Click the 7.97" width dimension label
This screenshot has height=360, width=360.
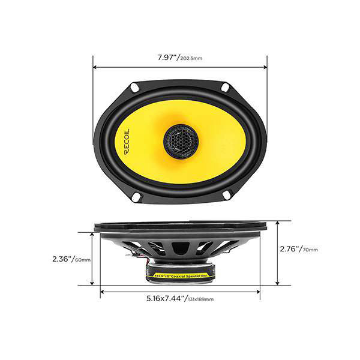[x=167, y=57]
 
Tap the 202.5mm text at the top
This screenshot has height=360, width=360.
[x=191, y=58]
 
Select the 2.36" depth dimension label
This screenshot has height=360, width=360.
[x=62, y=259]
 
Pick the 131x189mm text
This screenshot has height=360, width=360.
[x=200, y=299]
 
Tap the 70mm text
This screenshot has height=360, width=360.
[x=310, y=250]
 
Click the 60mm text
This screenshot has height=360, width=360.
[x=83, y=260]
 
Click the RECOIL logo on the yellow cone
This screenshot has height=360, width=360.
[x=127, y=142]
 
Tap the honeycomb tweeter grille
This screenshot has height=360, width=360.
[x=181, y=141]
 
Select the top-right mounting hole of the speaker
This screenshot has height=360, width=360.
[x=225, y=87]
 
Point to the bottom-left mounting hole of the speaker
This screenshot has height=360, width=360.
[x=137, y=197]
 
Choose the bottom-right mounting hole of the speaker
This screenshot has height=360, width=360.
[x=226, y=194]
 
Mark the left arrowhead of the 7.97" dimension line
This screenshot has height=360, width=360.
[x=95, y=67]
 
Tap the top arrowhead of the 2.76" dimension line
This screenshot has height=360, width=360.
[x=278, y=223]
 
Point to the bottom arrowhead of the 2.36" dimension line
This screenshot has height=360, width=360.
[x=92, y=283]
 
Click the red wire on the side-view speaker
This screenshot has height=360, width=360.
[x=147, y=261]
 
